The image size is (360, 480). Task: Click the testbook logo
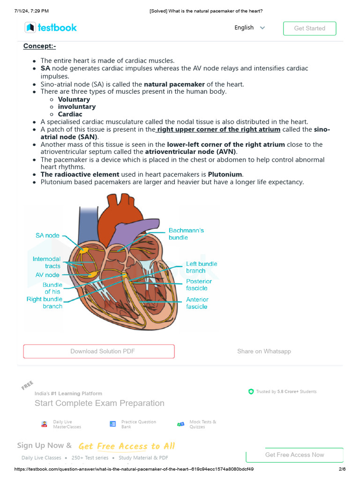(51, 28)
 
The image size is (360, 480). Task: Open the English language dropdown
(250, 28)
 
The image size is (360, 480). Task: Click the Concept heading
(39, 46)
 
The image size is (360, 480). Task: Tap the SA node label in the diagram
(47, 235)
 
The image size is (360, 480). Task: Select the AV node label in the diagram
(47, 275)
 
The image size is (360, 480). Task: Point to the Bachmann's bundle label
(186, 234)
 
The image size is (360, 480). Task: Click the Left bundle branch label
(202, 267)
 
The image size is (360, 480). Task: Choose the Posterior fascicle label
(199, 285)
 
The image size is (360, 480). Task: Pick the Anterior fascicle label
(197, 303)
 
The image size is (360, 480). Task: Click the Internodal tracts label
(46, 262)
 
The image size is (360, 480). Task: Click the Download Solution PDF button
(99, 352)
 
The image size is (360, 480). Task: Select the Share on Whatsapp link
(264, 352)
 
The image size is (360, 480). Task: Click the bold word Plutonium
(225, 174)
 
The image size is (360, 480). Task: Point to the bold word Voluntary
(74, 99)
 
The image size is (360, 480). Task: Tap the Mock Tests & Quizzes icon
(180, 424)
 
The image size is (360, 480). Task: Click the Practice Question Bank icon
(112, 424)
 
